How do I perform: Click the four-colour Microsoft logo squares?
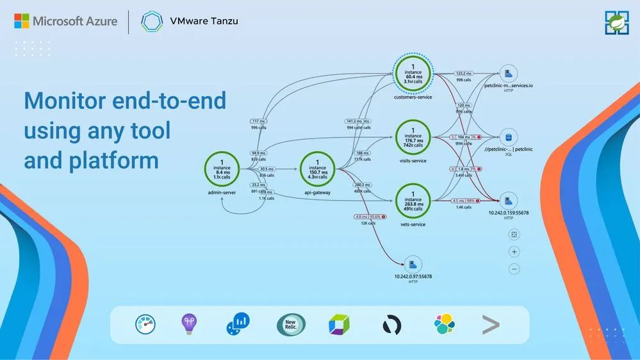click(x=22, y=21)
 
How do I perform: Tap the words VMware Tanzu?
click(x=204, y=21)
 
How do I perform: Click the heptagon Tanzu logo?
click(x=151, y=21)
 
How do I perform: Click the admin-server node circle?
click(x=222, y=170)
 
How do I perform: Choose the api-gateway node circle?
click(x=318, y=170)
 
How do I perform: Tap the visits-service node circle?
click(x=413, y=137)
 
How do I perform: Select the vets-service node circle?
click(x=413, y=200)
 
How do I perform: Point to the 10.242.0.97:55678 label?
click(x=413, y=276)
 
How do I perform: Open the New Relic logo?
click(x=291, y=325)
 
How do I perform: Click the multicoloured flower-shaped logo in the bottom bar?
click(x=443, y=325)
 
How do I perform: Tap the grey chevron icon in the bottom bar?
click(x=491, y=325)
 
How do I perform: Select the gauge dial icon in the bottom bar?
click(x=145, y=325)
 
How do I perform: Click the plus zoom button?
click(x=514, y=252)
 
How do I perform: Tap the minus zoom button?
click(x=514, y=269)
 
